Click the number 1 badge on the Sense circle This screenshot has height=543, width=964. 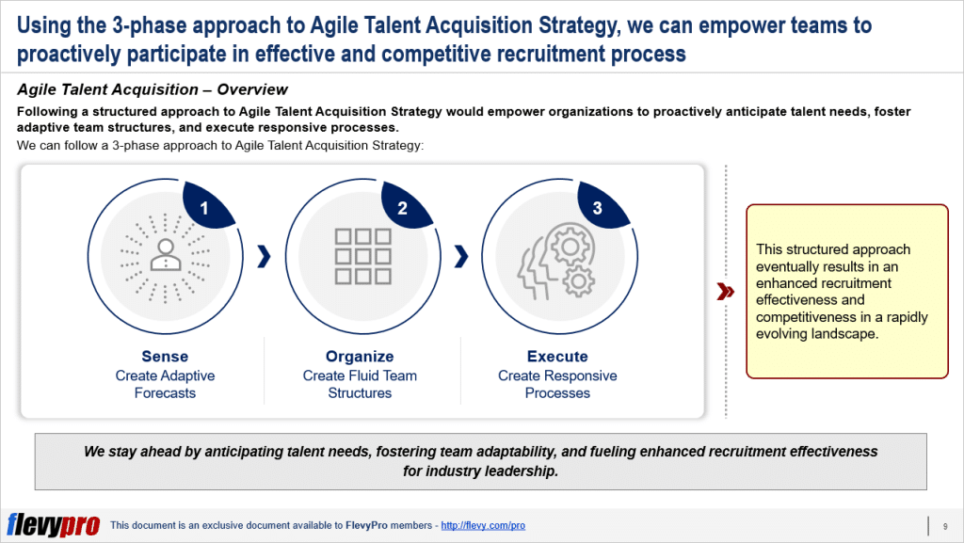coord(204,209)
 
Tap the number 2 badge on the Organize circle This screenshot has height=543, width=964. coord(402,209)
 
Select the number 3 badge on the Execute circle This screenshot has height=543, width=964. coord(598,209)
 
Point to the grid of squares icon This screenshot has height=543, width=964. coord(362,255)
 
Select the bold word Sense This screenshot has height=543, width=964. coord(165,357)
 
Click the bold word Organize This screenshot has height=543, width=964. coord(360,357)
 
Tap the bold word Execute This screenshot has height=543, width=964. coord(557,357)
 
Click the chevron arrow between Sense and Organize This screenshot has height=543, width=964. coord(264,255)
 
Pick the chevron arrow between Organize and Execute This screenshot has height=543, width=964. coord(460,255)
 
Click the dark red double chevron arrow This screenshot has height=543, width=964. coord(725,292)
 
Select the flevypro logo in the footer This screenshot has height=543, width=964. coord(53,525)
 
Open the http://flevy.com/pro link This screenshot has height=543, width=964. coord(483,525)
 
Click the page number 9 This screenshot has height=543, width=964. coord(944,525)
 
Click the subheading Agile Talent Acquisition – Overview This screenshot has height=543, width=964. coord(153,90)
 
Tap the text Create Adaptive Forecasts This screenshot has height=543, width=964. coord(165,384)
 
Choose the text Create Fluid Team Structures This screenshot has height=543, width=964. coord(360,384)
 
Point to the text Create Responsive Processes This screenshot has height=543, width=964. coord(557,384)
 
